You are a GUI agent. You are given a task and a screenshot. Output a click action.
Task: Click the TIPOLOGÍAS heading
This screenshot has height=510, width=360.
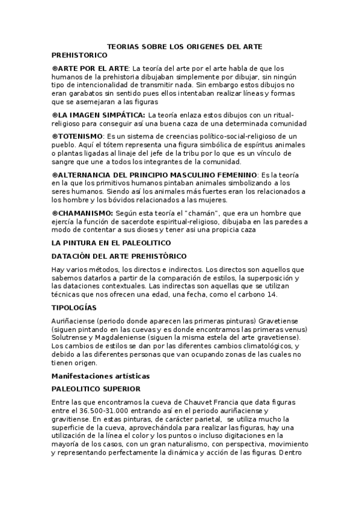(x=75, y=307)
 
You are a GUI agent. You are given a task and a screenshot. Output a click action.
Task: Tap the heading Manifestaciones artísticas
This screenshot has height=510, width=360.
(x=101, y=375)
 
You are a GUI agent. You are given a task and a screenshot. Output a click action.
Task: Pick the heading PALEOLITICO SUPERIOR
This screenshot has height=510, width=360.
(x=96, y=389)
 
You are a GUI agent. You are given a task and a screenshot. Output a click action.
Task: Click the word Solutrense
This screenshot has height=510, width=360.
(x=72, y=339)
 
